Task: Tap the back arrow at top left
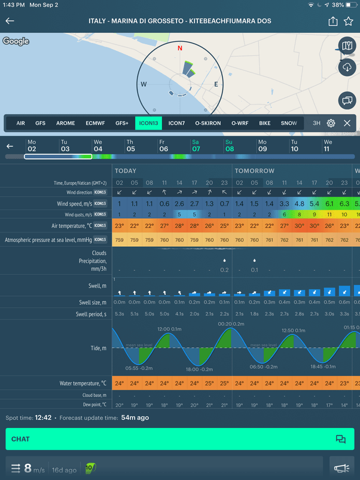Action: [10, 21]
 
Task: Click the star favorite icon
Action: [349, 21]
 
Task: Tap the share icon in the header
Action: [332, 21]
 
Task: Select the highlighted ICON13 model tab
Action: [148, 123]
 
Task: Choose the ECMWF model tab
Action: [95, 123]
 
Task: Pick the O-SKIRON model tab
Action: [207, 123]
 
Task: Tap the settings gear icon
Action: [331, 123]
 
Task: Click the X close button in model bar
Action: [347, 123]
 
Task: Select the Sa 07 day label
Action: [196, 145]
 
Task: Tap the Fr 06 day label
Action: [163, 145]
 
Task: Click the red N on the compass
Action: [179, 47]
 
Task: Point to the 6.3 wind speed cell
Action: [344, 204]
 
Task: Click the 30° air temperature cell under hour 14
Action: [299, 226]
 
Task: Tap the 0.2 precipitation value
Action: [224, 270]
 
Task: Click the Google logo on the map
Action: [16, 41]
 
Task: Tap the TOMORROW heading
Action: [254, 170]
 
